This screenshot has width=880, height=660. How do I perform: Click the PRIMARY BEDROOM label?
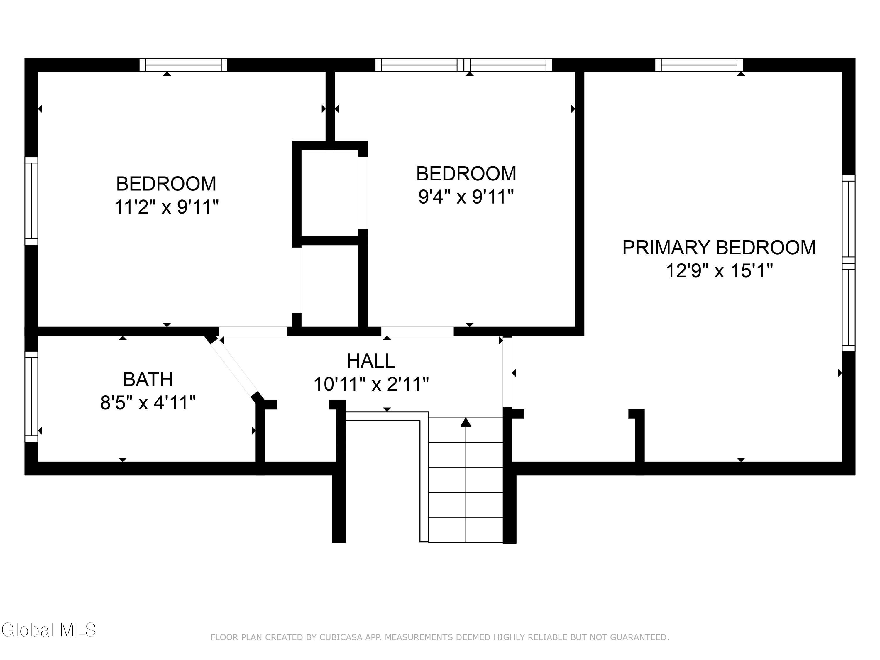click(719, 248)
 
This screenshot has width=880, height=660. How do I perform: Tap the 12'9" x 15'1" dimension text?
click(719, 271)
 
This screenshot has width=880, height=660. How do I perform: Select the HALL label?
click(371, 361)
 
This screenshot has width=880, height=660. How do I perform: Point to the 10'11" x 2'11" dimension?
click(371, 384)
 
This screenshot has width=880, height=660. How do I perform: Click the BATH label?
click(148, 379)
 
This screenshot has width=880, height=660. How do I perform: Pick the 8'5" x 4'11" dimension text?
click(148, 403)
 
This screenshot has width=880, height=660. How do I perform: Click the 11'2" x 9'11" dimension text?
click(166, 207)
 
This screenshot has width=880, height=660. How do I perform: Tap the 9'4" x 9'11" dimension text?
click(466, 197)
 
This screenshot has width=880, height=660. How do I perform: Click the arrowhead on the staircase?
click(466, 422)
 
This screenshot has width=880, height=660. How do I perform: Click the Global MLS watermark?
click(48, 630)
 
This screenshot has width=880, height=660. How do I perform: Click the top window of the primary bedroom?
click(699, 65)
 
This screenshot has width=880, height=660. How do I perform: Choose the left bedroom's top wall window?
click(183, 65)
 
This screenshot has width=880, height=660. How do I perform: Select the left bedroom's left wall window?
click(31, 201)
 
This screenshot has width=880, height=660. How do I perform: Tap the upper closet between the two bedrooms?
click(330, 193)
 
